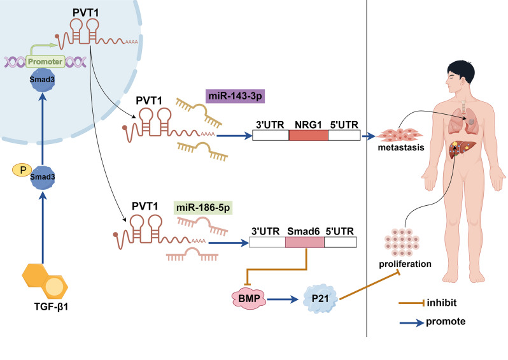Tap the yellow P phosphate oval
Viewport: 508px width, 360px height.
point(20,171)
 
